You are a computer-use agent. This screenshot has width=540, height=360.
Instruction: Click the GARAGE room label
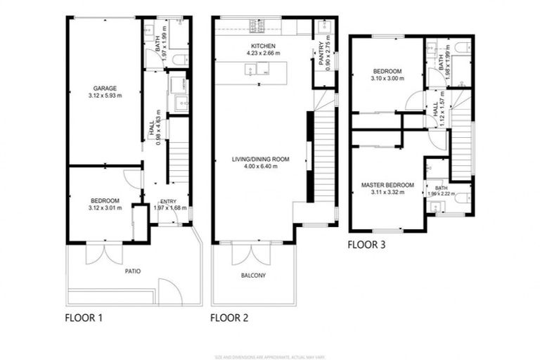pyautogui.click(x=103, y=88)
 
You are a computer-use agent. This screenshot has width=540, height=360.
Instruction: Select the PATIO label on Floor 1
pyautogui.click(x=134, y=270)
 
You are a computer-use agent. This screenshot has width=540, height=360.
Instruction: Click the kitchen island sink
pyautogui.click(x=264, y=68)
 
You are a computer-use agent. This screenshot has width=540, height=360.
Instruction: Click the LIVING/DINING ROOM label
pyautogui.click(x=261, y=159)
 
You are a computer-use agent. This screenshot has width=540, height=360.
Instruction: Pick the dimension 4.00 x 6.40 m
pyautogui.click(x=261, y=167)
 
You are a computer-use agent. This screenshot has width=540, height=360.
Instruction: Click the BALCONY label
pyautogui.click(x=253, y=275)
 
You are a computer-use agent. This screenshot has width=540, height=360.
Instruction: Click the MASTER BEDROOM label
pyautogui.click(x=387, y=186)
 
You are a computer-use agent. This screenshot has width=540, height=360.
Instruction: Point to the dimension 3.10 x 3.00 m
pyautogui.click(x=387, y=79)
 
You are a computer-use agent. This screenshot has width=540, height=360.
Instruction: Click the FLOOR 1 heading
pyautogui.click(x=84, y=318)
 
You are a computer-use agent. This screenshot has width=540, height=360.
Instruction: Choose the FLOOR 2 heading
pyautogui.click(x=229, y=318)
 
